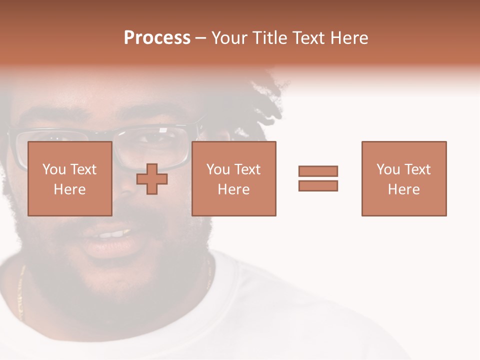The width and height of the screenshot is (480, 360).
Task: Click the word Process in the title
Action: pos(157,38)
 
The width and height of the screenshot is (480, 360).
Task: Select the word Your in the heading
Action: pos(230,38)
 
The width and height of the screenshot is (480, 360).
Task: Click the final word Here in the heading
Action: pos(348,38)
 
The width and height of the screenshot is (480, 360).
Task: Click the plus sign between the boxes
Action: pos(152,179)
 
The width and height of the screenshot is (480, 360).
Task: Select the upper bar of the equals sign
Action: pos(318,171)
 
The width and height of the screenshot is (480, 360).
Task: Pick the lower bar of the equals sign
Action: pos(318,185)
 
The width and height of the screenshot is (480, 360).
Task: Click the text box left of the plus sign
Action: pos(69,178)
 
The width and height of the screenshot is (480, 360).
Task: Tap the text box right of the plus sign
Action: pos(233,178)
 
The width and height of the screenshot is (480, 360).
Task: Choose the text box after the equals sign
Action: pos(403,178)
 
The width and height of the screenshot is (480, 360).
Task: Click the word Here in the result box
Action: pos(403,189)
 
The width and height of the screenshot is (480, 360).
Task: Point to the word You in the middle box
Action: pos(218,169)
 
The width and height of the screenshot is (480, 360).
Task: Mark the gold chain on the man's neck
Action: pos(20,295)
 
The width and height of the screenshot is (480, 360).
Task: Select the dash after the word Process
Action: pos(201,38)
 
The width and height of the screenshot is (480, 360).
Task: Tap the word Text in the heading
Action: pos(308,38)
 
